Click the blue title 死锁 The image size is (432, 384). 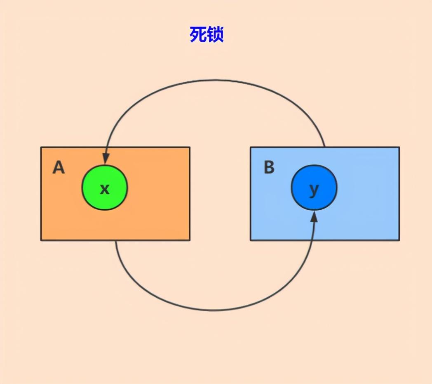click(207, 35)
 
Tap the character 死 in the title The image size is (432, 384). click(198, 35)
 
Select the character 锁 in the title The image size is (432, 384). click(216, 35)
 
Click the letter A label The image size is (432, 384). click(59, 168)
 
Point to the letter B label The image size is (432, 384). click(269, 168)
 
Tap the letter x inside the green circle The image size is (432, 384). click(105, 189)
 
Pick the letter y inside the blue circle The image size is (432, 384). click(314, 190)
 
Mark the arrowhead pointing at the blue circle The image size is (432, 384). click(314, 216)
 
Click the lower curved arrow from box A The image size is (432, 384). click(214, 309)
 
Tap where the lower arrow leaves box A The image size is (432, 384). click(116, 240)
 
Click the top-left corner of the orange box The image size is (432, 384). click(41, 147)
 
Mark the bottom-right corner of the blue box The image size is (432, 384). click(399, 240)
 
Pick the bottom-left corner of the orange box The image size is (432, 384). click(41, 240)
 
